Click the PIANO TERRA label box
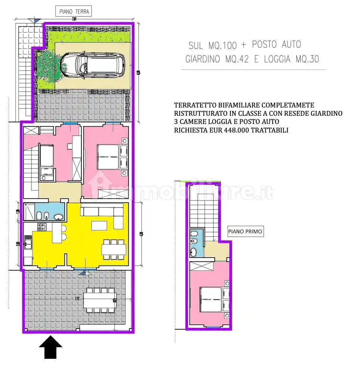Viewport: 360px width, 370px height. pyautogui.click(x=74, y=12)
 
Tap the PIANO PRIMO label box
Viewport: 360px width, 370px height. pyautogui.click(x=245, y=231)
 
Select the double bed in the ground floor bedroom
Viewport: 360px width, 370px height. pyautogui.click(x=108, y=157)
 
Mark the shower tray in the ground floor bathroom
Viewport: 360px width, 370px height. pyautogui.click(x=29, y=212)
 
